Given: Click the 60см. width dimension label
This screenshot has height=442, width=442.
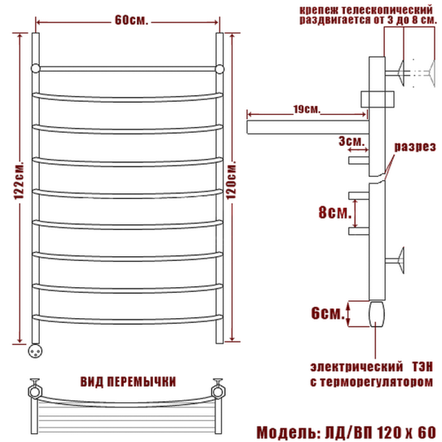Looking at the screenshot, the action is click(x=131, y=21).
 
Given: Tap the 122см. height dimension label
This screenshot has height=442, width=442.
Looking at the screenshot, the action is click(x=19, y=181).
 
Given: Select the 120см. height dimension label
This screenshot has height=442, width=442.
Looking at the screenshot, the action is click(x=231, y=180).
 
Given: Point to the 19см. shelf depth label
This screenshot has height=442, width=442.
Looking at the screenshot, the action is click(x=306, y=109).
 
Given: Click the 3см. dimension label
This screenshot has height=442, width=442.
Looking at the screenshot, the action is click(x=351, y=141).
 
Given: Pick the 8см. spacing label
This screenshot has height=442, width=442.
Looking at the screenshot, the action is click(x=335, y=212).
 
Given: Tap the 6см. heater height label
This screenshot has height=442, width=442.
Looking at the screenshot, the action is click(x=328, y=313).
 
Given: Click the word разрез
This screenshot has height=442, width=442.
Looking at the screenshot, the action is click(x=415, y=147).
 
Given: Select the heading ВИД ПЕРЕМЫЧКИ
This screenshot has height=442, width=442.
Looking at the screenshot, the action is click(x=128, y=382).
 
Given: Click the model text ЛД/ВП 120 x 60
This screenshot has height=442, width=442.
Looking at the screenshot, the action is click(x=381, y=432).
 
